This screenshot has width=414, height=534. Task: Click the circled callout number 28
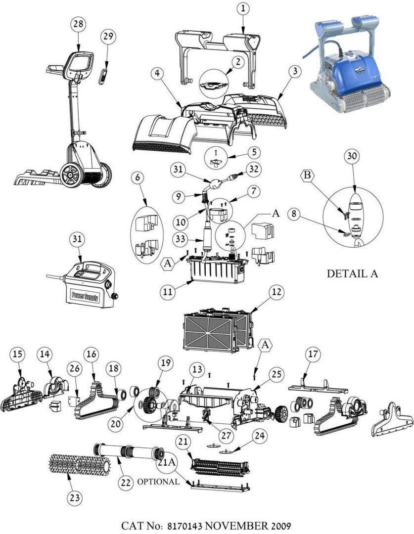[x=79, y=25]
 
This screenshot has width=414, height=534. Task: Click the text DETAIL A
[x=352, y=273]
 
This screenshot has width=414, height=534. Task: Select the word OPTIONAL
[x=158, y=482]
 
